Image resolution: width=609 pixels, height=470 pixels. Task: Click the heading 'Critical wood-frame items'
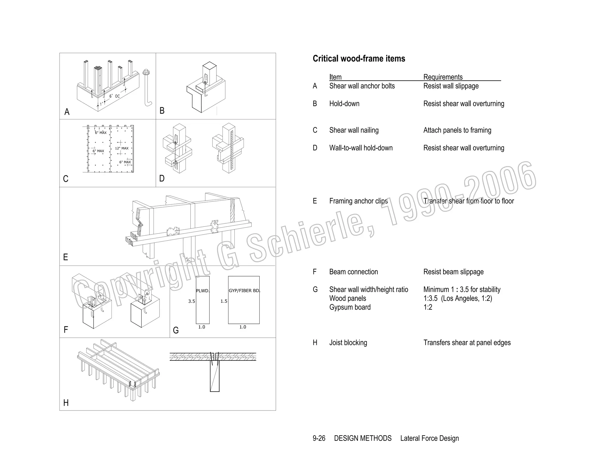pos(359,59)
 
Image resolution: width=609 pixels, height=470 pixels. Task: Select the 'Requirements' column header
pos(443,77)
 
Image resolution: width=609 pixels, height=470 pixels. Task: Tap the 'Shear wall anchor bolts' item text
pos(362,86)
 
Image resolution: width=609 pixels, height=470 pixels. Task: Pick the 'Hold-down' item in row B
pos(344,104)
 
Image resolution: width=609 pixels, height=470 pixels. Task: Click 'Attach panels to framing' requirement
pos(457,130)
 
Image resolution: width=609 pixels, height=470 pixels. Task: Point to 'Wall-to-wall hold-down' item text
pos(361,148)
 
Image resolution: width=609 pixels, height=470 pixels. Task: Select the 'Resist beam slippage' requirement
pos(453,272)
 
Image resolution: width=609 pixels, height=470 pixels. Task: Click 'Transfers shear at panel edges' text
pos(467,343)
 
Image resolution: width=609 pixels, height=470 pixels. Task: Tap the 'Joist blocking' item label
pos(348,343)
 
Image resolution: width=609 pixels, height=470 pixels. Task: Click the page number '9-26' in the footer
pos(319,438)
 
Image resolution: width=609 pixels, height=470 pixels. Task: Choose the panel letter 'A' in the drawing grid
pos(67,112)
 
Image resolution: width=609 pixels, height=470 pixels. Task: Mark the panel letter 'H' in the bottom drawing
pos(66,403)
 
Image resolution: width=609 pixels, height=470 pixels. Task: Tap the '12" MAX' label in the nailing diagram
pos(122,148)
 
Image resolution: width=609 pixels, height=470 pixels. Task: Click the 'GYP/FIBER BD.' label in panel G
pos(244,291)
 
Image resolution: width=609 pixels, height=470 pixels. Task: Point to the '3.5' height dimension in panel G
pos(192,301)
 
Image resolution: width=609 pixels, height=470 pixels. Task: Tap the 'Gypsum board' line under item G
pos(350,307)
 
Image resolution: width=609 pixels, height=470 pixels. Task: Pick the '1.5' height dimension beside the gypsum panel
pos(224,301)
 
